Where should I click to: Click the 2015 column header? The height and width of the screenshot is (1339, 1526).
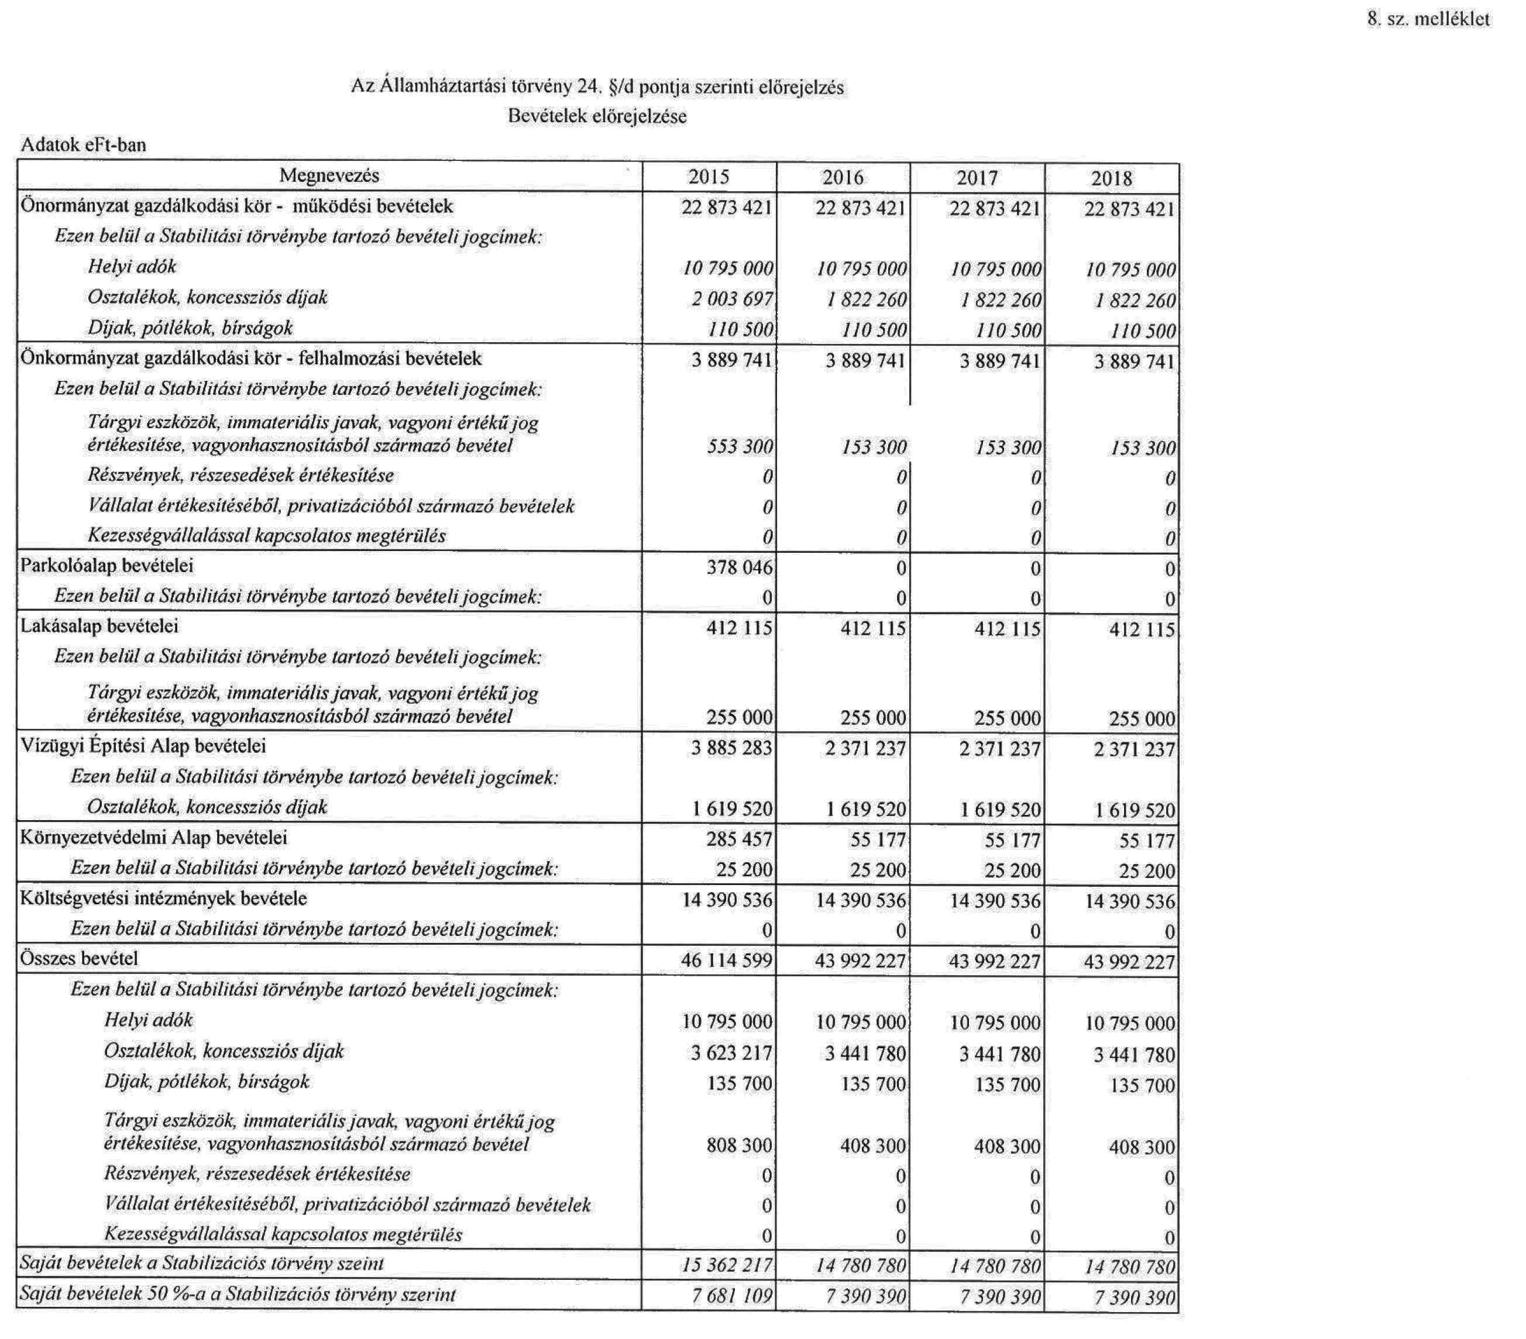[709, 178]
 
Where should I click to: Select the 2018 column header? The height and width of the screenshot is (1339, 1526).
[1112, 178]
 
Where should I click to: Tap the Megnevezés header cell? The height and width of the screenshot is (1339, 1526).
[329, 175]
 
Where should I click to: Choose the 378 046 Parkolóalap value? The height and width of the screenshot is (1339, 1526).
[739, 568]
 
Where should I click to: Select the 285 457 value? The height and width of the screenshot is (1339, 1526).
[739, 839]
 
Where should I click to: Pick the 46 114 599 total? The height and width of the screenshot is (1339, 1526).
[726, 961]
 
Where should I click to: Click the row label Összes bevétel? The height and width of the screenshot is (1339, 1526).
[79, 958]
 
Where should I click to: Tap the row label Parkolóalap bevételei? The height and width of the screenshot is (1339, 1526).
[106, 566]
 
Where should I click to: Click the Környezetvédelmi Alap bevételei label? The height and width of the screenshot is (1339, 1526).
[154, 838]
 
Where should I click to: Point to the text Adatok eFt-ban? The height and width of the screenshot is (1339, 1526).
[84, 145]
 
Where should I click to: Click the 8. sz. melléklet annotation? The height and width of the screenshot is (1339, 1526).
[1428, 19]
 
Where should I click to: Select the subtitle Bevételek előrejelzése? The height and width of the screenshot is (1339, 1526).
[597, 116]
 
